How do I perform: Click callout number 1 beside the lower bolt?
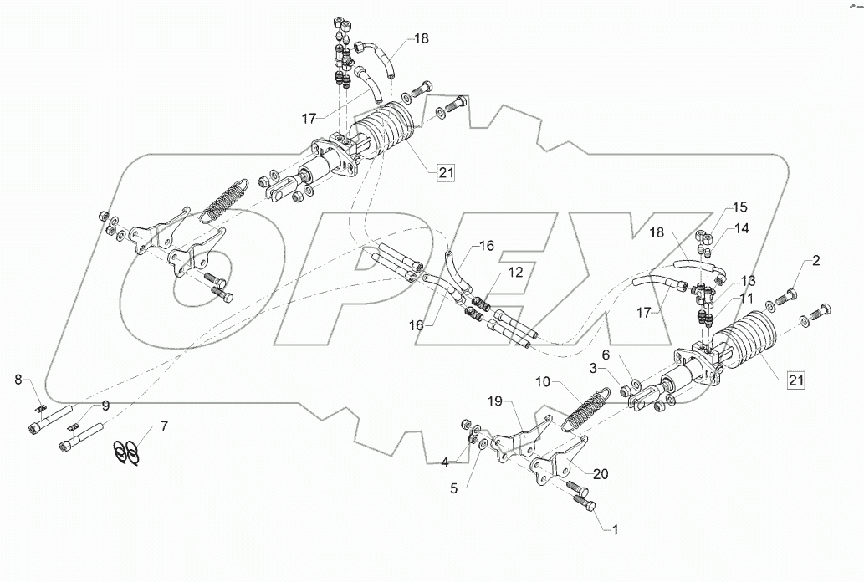pos(616,529)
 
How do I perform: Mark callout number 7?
pos(164,426)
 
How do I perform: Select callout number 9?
pos(105,406)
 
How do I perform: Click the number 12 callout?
pos(745,298)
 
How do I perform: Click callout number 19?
pos(740,207)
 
